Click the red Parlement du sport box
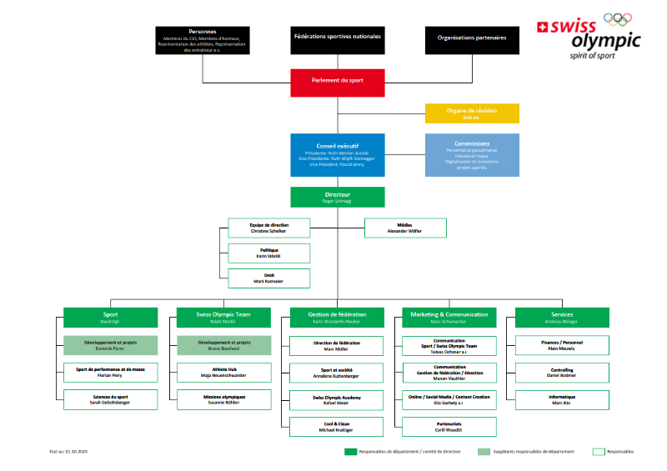338,82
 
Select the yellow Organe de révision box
472,114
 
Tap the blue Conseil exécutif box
338,155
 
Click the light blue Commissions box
472,155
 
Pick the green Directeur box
338,197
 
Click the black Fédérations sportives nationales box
338,39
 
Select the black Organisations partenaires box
472,39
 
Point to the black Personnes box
203,39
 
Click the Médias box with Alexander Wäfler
405,228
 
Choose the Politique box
268,253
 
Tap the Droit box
268,278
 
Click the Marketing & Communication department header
449,317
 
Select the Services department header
561,317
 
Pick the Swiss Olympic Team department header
223,317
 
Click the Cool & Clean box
336,427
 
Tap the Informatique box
561,399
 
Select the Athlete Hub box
223,373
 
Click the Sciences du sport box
111,399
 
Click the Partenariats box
449,427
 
